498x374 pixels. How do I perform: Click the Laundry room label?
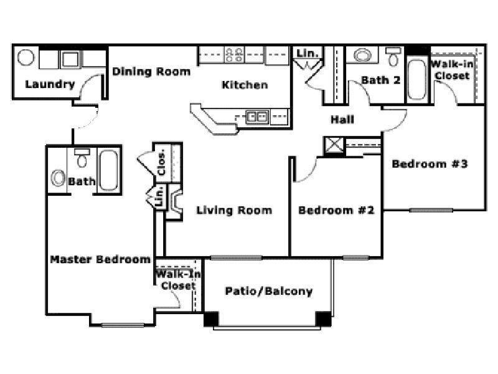pos(50,84)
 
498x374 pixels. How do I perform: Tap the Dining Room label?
pos(151,72)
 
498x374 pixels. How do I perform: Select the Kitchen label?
pos(245,85)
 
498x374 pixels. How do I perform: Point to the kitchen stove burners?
pos(235,55)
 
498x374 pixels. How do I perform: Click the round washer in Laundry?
pos(26,59)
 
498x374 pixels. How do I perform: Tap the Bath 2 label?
pos(380,80)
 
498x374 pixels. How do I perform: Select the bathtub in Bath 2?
pos(416,79)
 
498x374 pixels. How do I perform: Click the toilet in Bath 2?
pos(392,57)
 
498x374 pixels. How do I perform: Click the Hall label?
pos(342,118)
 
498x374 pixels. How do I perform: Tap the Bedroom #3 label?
pos(430,165)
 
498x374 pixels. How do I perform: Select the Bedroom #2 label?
pos(336,210)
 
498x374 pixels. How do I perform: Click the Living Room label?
pos(234,210)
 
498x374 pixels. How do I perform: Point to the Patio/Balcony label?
pos(269,291)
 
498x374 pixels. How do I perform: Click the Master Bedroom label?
pos(100,259)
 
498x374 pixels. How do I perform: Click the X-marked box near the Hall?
pos(332,146)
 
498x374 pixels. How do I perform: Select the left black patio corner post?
pos(212,319)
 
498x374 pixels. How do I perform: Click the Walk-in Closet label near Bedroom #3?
pos(452,70)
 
